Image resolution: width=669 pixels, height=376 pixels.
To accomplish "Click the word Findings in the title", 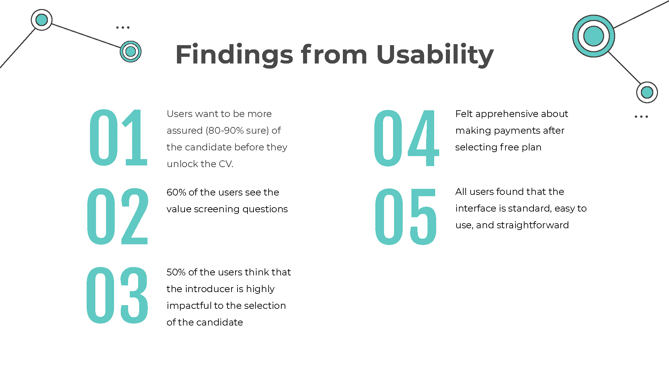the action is (x=234, y=54).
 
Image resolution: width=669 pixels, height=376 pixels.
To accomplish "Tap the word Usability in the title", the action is (x=435, y=54).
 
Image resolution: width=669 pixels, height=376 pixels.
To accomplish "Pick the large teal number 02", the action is (x=117, y=216).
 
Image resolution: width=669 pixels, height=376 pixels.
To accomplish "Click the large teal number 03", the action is (x=117, y=295).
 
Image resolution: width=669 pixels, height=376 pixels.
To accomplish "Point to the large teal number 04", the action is (x=406, y=138).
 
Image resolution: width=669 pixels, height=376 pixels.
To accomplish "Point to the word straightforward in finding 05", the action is (x=533, y=225).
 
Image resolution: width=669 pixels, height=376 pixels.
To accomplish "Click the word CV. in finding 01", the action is (x=226, y=164).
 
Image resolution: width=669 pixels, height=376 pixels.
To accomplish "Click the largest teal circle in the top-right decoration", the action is (x=594, y=36).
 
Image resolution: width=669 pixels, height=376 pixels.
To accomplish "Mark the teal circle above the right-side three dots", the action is (x=647, y=92).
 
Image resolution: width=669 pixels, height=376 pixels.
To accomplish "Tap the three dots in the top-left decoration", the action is (x=123, y=27).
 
